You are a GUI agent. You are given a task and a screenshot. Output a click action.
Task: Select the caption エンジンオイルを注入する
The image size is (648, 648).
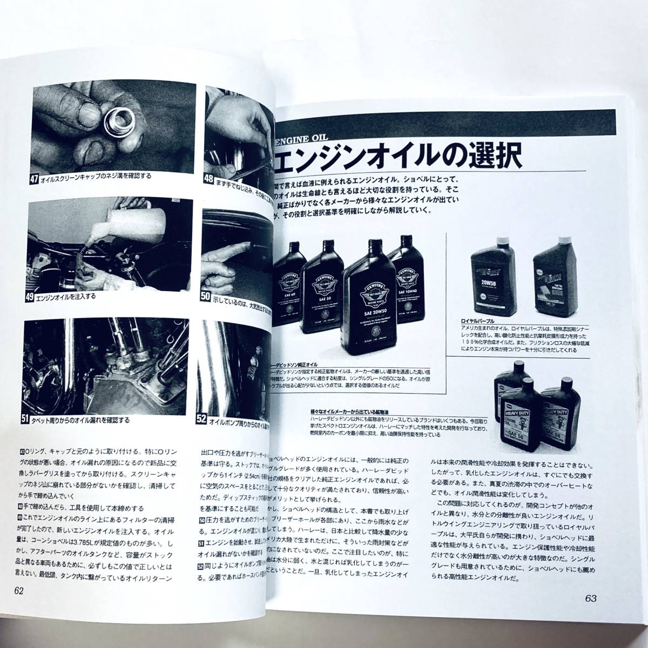tap(71, 298)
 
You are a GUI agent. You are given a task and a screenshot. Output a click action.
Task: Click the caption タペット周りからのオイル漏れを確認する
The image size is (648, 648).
tap(92, 420)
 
